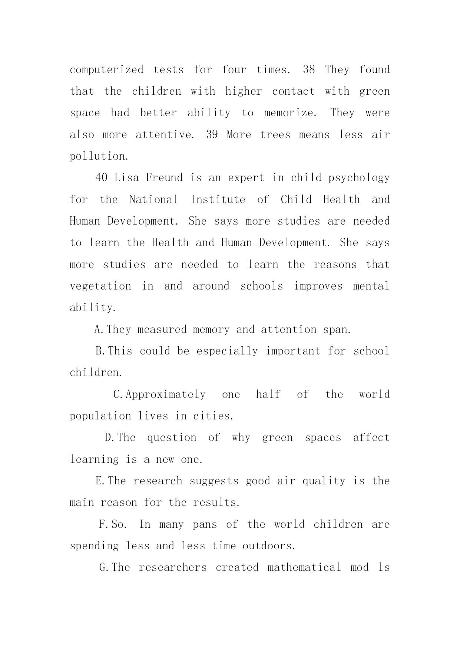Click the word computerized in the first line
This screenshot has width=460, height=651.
[106, 70]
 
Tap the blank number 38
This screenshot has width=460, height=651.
[309, 69]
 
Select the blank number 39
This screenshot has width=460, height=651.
[212, 134]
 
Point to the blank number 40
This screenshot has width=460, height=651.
[101, 178]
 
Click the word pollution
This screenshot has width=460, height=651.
[99, 156]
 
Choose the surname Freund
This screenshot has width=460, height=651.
[164, 178]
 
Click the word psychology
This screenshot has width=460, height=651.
[359, 178]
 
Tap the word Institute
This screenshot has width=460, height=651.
[218, 200]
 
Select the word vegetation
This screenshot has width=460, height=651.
[100, 286]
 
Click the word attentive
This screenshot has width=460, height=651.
[165, 134]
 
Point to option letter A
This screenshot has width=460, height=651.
[98, 330]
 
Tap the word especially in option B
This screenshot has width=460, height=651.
[227, 351]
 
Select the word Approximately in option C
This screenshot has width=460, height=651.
[165, 395]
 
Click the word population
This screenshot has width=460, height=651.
[100, 416]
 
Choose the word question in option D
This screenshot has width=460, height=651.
[172, 438]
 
